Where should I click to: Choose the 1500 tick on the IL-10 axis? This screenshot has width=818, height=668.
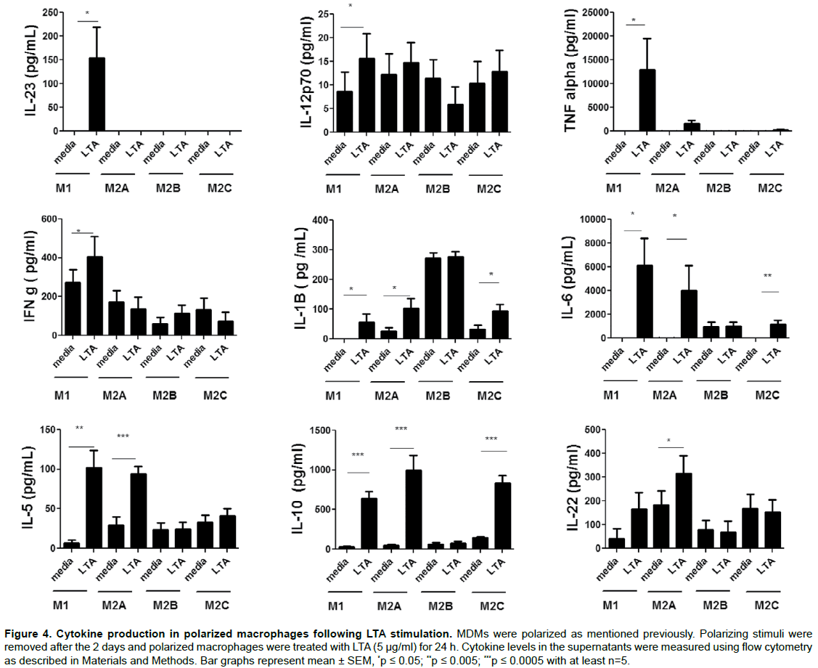click(x=320, y=431)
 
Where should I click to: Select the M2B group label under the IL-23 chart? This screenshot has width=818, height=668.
click(x=167, y=189)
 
